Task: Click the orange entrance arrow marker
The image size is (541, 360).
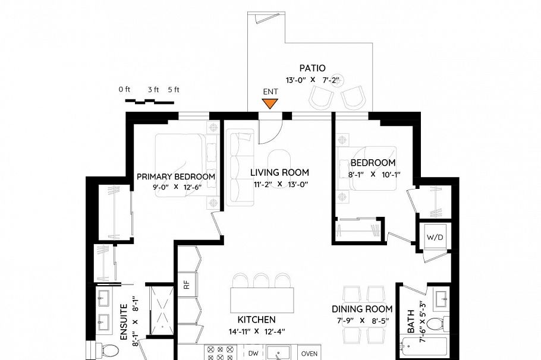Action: (x=270, y=104)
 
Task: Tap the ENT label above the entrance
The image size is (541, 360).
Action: (x=270, y=91)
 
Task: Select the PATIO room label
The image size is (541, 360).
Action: (x=312, y=68)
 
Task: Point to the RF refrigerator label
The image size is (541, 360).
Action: (x=186, y=285)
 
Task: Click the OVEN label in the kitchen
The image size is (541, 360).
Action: (x=309, y=353)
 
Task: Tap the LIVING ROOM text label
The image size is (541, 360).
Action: (x=279, y=172)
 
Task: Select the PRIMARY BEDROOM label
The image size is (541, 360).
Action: (x=176, y=176)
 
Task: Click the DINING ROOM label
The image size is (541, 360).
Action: (x=362, y=309)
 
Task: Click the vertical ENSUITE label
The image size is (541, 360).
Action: (x=124, y=321)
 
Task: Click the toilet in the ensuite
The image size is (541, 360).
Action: (x=110, y=350)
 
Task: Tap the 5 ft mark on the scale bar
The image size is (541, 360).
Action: (x=174, y=90)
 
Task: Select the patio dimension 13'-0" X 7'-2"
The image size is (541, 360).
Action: (x=312, y=79)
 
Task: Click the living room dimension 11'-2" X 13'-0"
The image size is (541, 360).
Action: (x=279, y=184)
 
